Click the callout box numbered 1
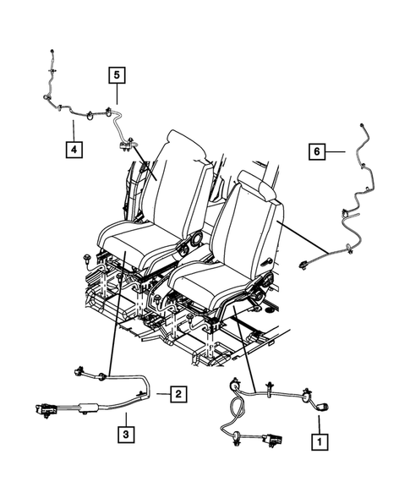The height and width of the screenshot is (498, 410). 319,441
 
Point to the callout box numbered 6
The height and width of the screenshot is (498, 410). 317,151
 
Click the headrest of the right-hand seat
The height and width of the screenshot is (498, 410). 258,184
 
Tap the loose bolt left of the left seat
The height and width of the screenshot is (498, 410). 87,255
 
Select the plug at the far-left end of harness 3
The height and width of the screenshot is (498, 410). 41,411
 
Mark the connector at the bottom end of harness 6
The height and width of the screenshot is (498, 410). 303,265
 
